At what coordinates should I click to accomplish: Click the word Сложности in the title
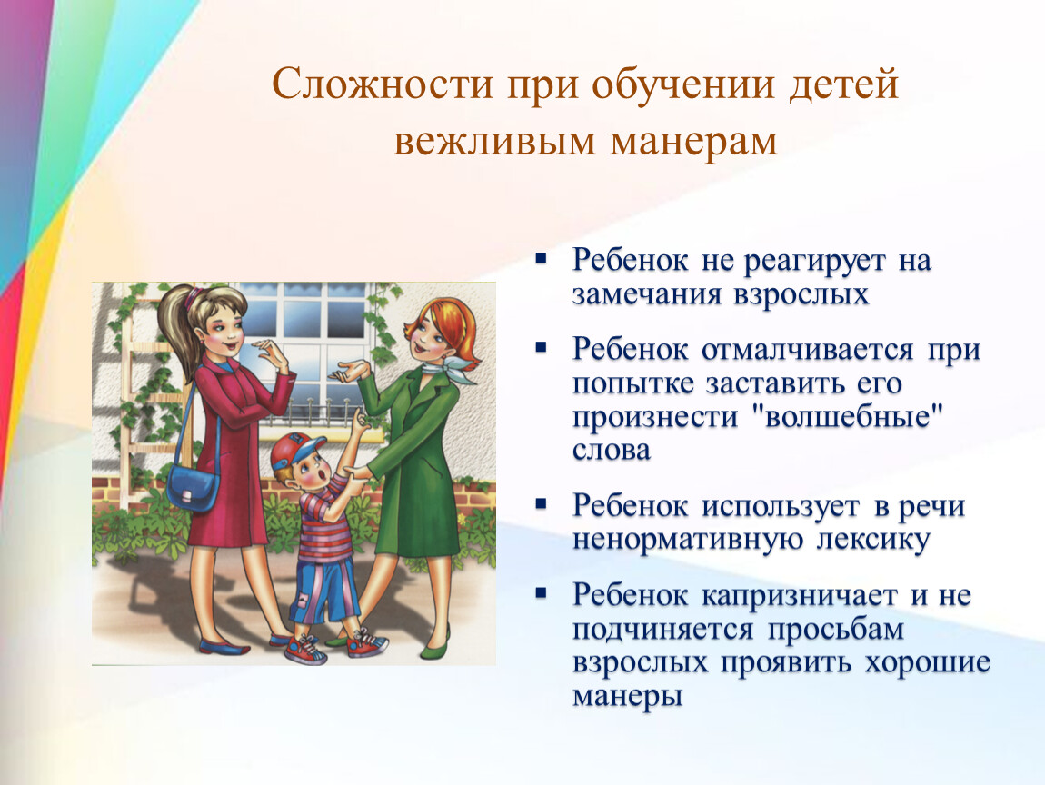[382, 84]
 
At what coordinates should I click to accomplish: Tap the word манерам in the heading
[693, 141]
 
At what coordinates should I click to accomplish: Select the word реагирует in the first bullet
[814, 262]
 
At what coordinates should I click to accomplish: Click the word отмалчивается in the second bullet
[807, 350]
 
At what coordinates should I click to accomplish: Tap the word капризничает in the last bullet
[799, 596]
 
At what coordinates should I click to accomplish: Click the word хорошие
[928, 663]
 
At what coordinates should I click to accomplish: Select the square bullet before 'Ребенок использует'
[542, 504]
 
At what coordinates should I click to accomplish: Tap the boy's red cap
[296, 449]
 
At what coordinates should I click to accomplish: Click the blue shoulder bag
[193, 487]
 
